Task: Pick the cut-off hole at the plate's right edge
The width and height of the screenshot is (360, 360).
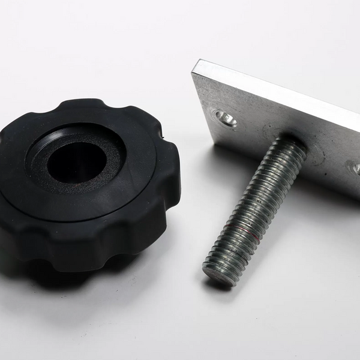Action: point(355,169)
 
